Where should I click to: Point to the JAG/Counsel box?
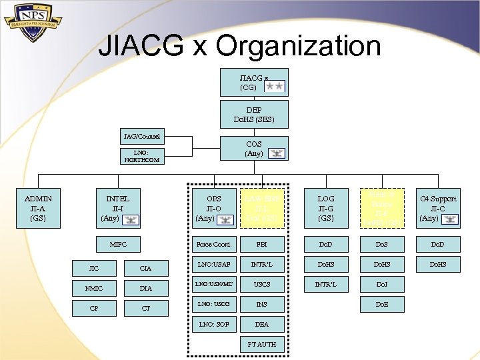tap(141, 137)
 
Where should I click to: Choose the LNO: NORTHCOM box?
tap(141, 157)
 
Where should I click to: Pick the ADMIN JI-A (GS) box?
tap(38, 207)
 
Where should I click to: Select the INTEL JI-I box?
tap(118, 207)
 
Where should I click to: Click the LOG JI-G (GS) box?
tap(326, 207)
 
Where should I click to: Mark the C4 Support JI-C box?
tap(438, 207)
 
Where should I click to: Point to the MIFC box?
tap(118, 244)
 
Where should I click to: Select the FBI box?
tap(262, 244)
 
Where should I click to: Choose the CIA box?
tap(145, 268)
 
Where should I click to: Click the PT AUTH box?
tap(262, 344)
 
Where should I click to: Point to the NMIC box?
tap(93, 288)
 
